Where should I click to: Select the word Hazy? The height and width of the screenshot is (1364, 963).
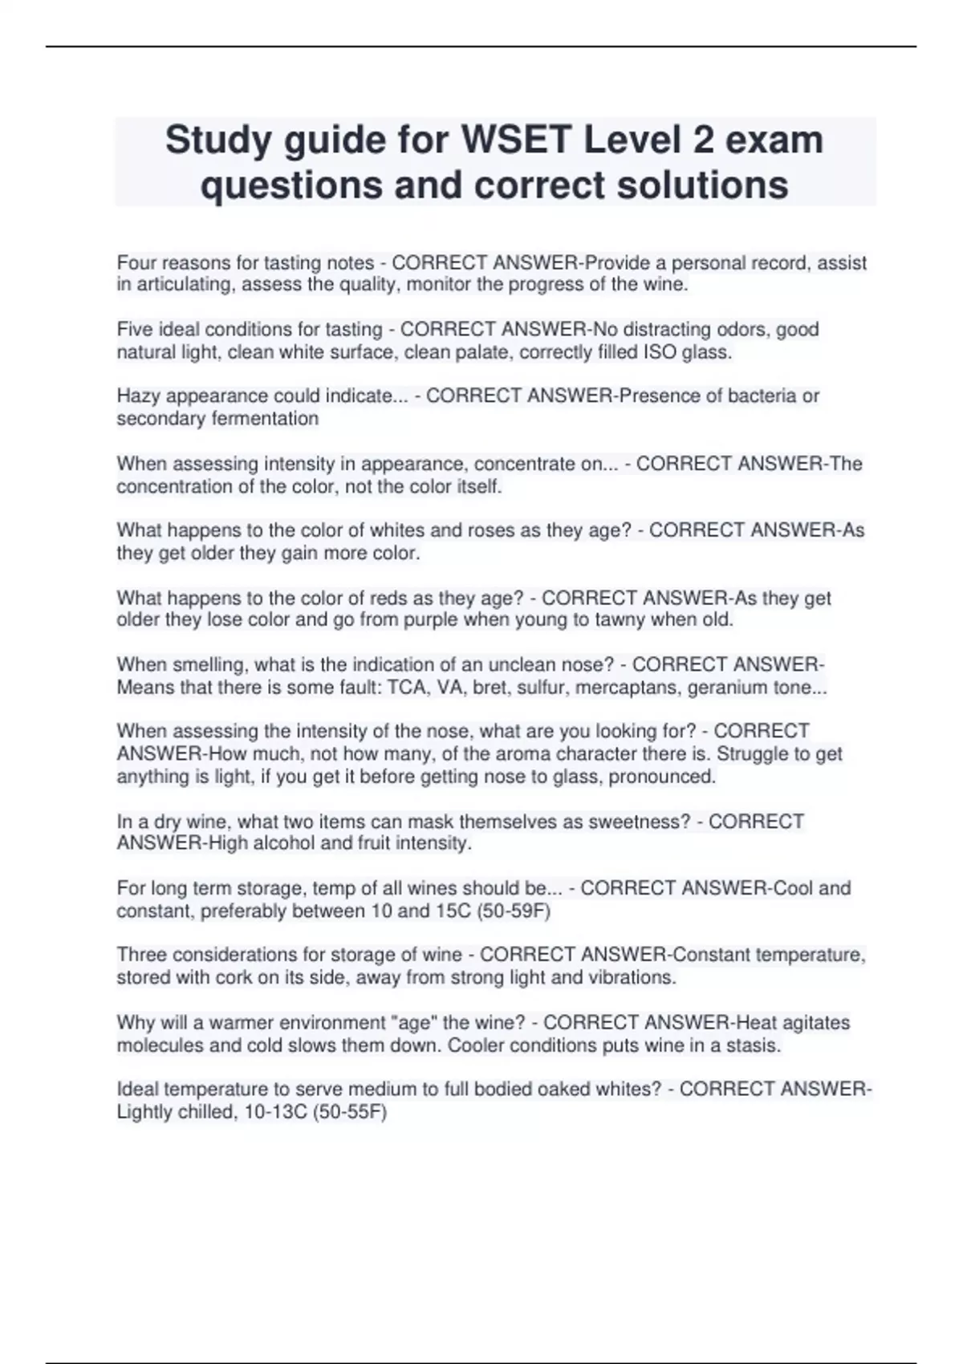[x=138, y=396]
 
